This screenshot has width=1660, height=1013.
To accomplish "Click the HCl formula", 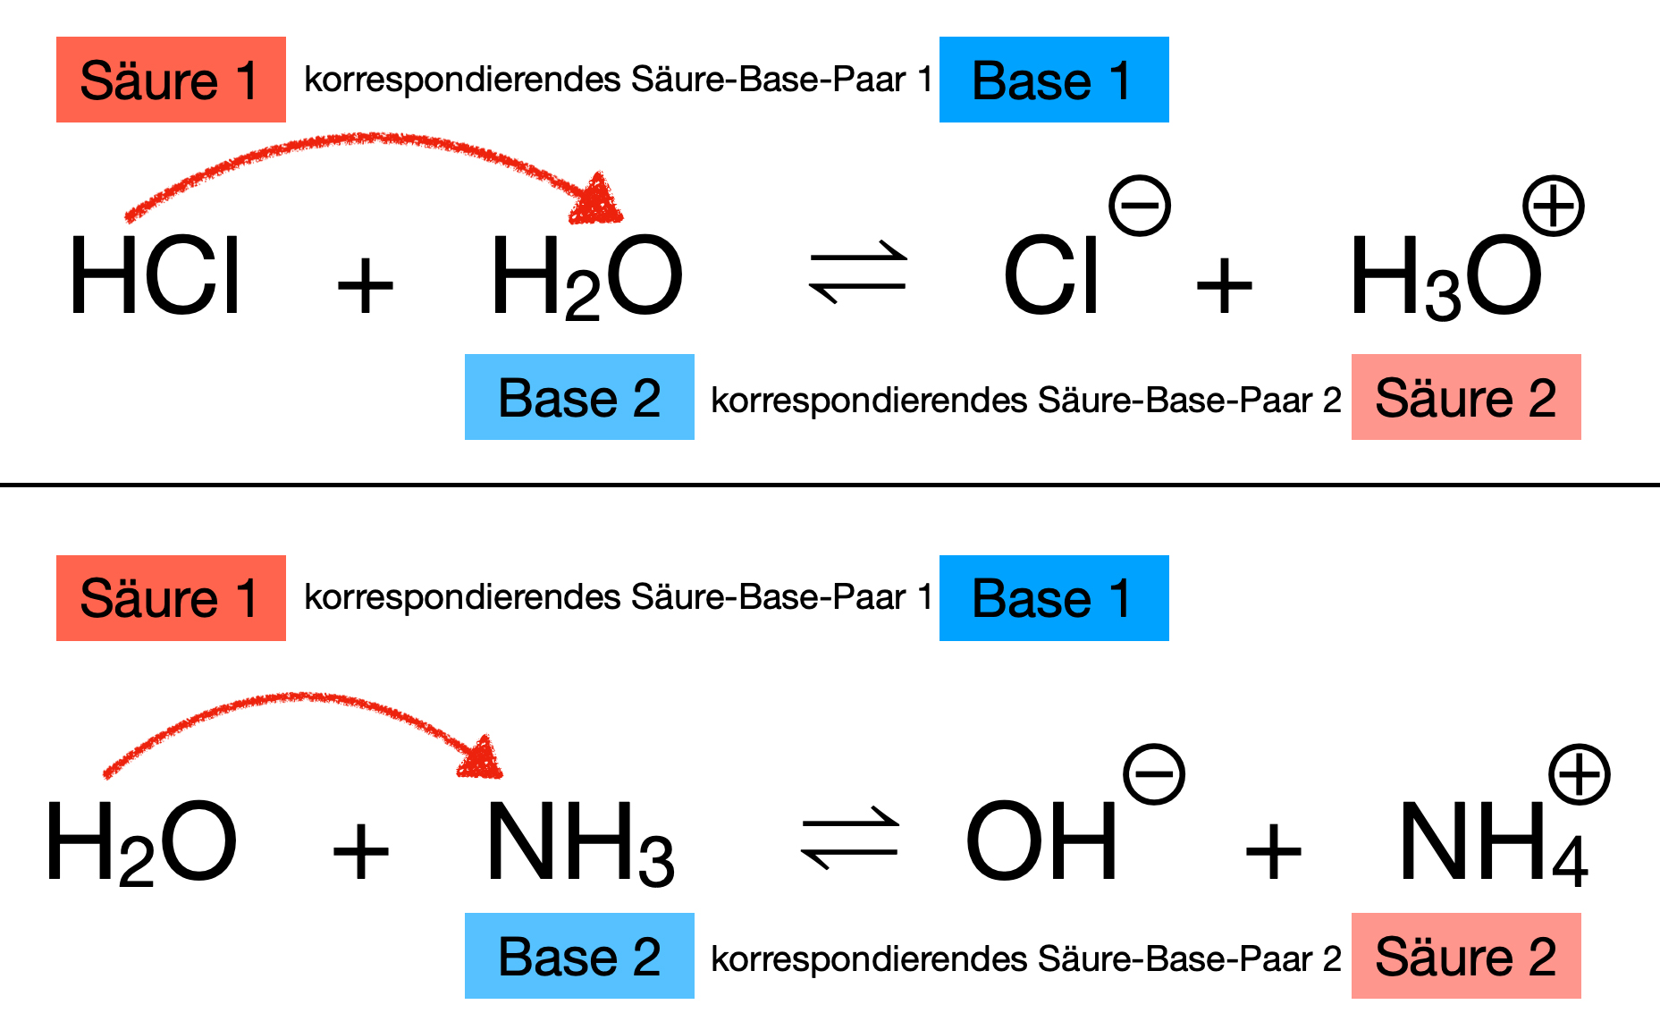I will (155, 276).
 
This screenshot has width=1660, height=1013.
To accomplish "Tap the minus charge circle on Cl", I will (1139, 206).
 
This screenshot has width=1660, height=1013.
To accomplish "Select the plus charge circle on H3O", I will (1553, 206).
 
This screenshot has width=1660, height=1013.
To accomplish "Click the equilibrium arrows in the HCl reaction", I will (858, 272).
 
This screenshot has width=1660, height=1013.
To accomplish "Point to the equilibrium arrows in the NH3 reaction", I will (850, 839).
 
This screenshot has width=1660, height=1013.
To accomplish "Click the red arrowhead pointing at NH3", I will (483, 760).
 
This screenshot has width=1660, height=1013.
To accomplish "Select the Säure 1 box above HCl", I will (171, 80).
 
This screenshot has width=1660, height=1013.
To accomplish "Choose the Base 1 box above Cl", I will (1054, 80).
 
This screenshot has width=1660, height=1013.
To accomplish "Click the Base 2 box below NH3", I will (579, 956).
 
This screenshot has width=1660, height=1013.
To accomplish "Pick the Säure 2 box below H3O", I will (1466, 397).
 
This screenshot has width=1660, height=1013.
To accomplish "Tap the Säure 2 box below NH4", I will (1466, 956).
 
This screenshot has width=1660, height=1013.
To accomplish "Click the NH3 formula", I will (579, 843).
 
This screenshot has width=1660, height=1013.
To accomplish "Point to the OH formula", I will (1041, 840).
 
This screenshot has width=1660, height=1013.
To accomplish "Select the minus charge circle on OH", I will (1154, 773).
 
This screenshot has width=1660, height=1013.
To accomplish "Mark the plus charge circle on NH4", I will (1580, 773).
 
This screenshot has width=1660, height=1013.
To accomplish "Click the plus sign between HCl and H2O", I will (365, 286).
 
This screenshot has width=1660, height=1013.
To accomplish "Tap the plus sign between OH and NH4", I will (1273, 851).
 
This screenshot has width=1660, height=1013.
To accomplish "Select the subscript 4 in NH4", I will (1571, 861).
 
